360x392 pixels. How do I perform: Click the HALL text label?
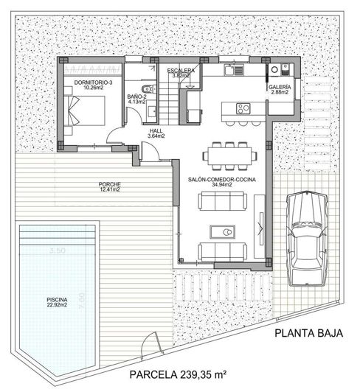click(156, 130)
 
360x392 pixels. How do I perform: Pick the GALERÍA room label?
click(280, 87)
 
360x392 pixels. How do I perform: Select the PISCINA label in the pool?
click(56, 298)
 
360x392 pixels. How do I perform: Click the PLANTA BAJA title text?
click(309, 333)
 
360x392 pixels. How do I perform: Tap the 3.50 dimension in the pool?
click(57, 251)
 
